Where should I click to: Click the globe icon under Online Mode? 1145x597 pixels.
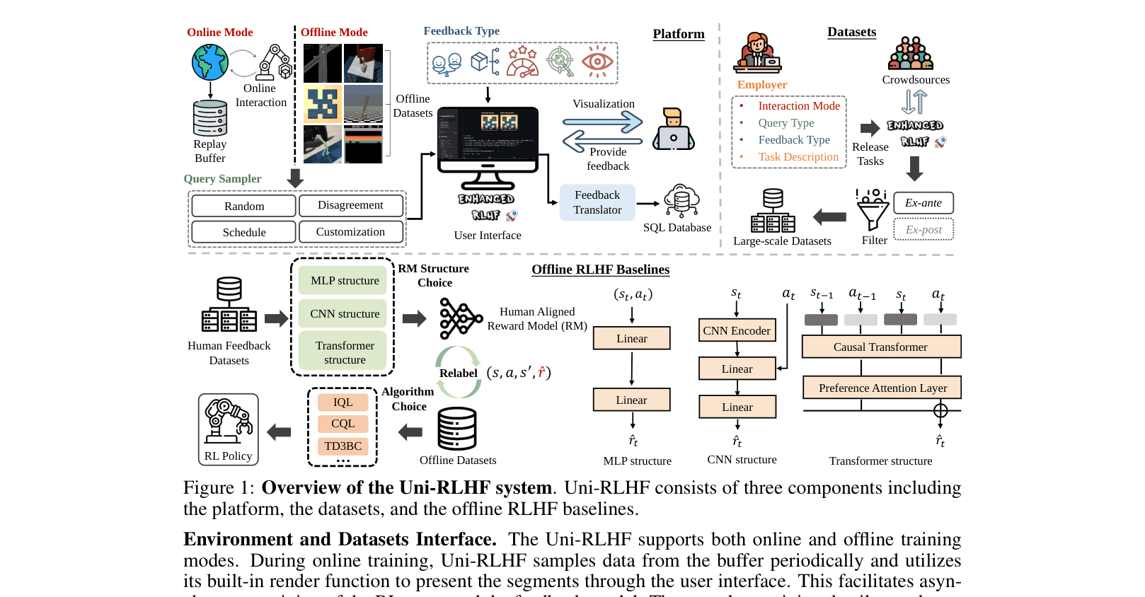(210, 62)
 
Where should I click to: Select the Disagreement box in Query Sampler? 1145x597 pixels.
(350, 205)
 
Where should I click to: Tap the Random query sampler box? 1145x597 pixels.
(244, 206)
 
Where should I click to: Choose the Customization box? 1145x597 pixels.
(350, 232)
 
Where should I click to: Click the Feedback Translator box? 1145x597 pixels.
(597, 202)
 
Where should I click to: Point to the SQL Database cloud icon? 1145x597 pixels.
(681, 201)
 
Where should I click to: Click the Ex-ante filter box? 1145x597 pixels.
(923, 203)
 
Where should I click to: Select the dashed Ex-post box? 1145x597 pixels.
(923, 230)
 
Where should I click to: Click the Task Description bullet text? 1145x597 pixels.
(798, 157)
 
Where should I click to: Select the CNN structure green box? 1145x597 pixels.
(345, 313)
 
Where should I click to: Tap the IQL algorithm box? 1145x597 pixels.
(343, 402)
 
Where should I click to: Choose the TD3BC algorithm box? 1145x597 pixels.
(343, 446)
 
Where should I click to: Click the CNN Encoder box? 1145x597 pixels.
(737, 330)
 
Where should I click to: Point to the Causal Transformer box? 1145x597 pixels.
(880, 347)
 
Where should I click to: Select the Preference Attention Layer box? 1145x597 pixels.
(882, 388)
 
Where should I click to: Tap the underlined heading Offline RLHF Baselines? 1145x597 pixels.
(600, 269)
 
